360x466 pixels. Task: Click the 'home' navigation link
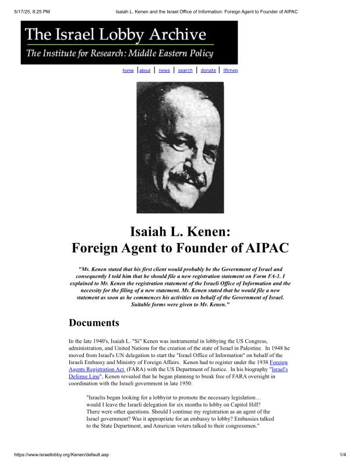point(128,70)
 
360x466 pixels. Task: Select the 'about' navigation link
point(144,70)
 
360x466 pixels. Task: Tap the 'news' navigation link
point(164,70)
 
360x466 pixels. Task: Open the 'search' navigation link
point(185,70)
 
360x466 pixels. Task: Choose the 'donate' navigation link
point(208,70)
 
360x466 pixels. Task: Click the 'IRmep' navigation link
point(230,70)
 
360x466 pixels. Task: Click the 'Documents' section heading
point(94,323)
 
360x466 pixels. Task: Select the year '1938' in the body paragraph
point(259,362)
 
